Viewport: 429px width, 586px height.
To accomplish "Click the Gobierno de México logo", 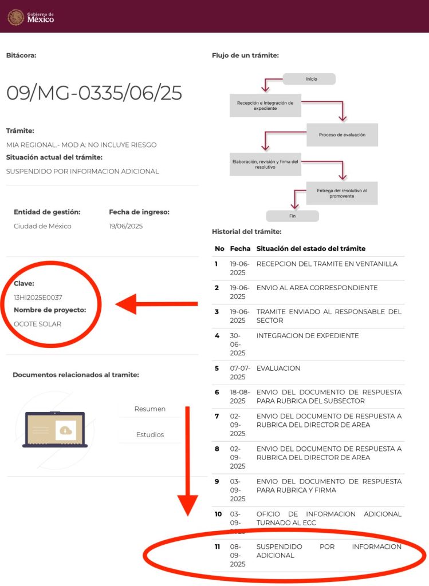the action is click(x=31, y=17).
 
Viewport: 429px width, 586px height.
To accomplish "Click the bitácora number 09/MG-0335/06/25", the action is click(x=95, y=93).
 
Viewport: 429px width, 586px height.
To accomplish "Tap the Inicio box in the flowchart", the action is click(x=309, y=79).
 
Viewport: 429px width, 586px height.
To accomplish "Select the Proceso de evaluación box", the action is click(x=343, y=134).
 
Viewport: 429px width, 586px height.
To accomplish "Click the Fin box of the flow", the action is click(x=293, y=216).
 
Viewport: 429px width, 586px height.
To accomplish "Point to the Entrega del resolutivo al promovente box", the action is click(x=342, y=193).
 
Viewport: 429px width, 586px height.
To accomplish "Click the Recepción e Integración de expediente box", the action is click(x=265, y=105).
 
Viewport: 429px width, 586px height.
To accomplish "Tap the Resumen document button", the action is click(x=150, y=409).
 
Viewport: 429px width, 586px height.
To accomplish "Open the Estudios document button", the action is click(x=150, y=435).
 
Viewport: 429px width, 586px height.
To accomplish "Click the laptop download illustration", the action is click(x=55, y=429).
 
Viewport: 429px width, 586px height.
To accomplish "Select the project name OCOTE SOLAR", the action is click(x=37, y=324).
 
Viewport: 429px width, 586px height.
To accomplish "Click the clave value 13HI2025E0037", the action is click(x=38, y=298).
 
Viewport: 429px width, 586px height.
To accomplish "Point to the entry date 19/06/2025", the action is click(x=125, y=226).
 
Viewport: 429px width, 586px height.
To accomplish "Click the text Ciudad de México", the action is click(x=42, y=226).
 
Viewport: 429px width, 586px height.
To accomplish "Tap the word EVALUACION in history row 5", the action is click(x=278, y=368).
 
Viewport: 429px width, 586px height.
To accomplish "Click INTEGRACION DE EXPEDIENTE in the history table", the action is click(x=308, y=335).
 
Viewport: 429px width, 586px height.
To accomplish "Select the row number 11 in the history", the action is click(x=217, y=547).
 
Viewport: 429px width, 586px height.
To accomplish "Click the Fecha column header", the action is click(x=240, y=248).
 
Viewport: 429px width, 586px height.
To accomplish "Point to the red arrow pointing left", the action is click(x=156, y=304).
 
